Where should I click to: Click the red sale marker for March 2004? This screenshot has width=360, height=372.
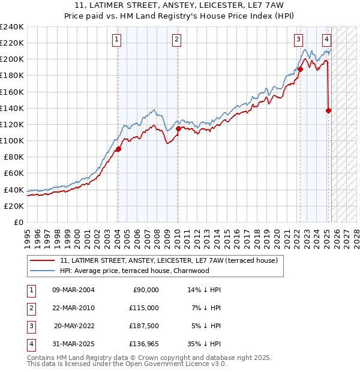click(x=118, y=149)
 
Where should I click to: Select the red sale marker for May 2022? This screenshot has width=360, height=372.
click(x=300, y=70)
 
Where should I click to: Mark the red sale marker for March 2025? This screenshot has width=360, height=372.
click(x=329, y=110)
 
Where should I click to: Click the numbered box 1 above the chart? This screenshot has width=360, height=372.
click(x=116, y=40)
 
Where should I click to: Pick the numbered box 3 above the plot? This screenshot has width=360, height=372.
click(x=298, y=40)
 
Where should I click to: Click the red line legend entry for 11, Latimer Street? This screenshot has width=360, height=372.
click(x=168, y=261)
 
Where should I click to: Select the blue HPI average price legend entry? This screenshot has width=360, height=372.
click(x=142, y=271)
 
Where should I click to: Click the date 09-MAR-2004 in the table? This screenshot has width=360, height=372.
click(x=73, y=290)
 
